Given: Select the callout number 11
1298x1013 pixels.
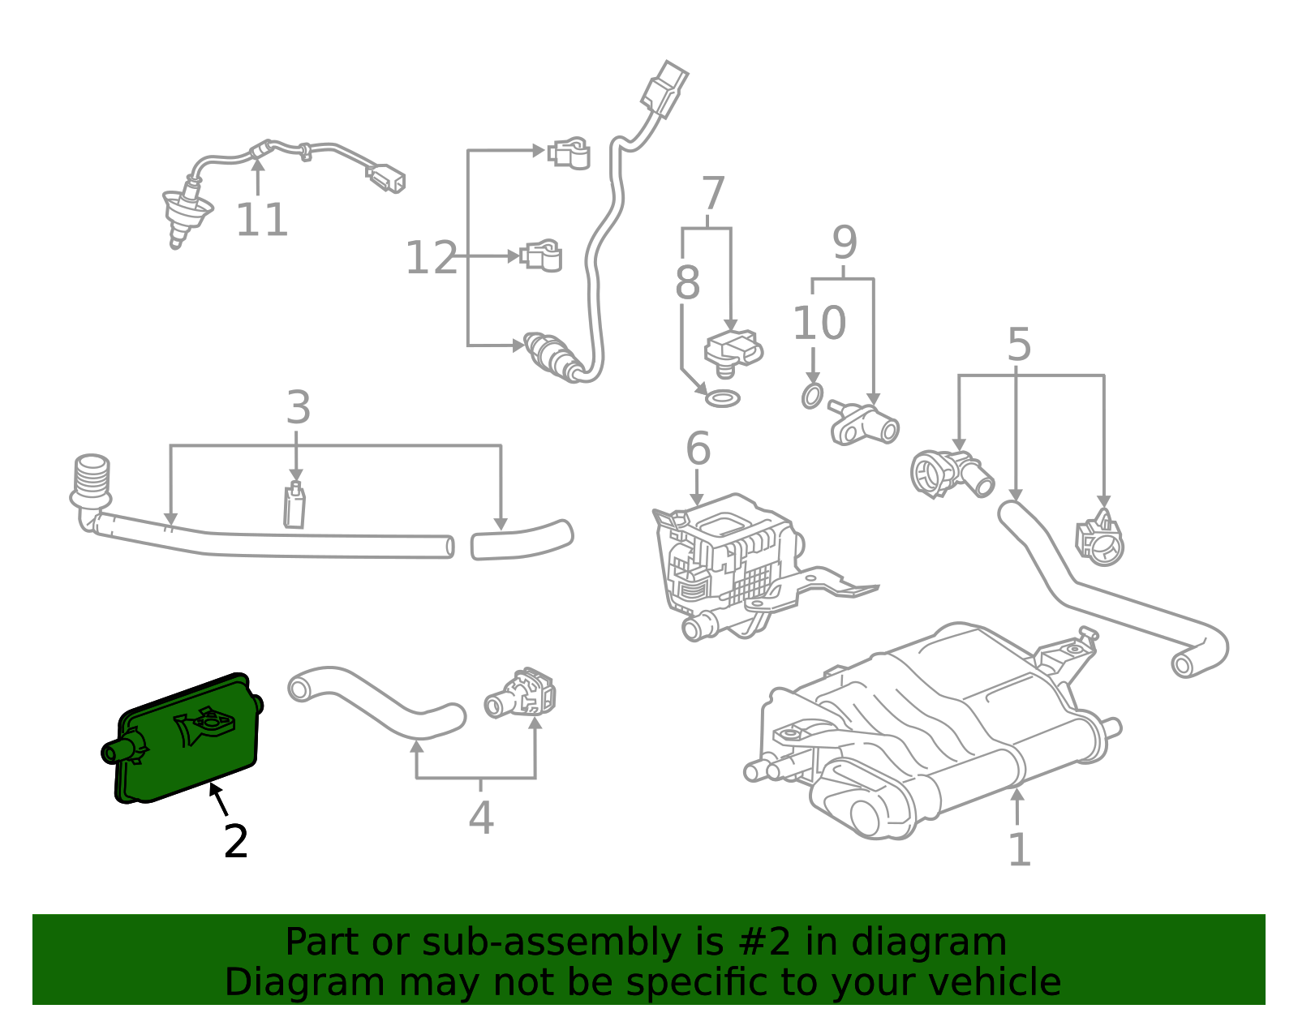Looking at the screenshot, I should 261,220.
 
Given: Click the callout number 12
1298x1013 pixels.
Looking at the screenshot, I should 431,258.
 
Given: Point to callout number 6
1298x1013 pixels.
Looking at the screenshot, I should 698,449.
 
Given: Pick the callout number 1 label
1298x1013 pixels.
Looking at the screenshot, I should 1019,849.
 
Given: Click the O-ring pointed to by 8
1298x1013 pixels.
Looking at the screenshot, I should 722,398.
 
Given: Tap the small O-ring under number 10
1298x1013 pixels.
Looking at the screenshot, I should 811,396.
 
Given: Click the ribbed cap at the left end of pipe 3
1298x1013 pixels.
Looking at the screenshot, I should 91,479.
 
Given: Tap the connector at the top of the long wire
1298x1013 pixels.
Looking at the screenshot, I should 664,88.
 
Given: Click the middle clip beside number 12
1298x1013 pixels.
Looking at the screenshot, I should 541,255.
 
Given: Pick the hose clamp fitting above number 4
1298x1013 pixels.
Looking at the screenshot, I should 523,693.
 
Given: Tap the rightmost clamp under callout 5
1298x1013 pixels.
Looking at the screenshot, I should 1100,539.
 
